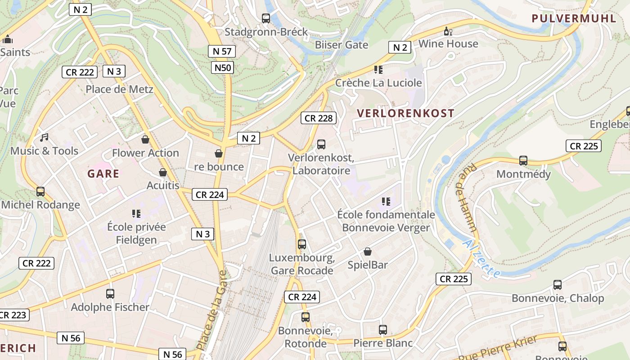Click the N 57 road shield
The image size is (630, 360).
tap(222, 51)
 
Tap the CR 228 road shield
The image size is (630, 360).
tap(319, 118)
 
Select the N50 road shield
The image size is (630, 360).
tap(223, 68)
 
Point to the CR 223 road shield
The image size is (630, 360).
tap(13, 315)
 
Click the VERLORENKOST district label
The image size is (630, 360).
tap(405, 113)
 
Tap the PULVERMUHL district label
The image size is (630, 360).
tap(574, 18)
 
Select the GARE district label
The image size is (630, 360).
tap(103, 174)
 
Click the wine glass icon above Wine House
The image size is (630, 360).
tap(448, 31)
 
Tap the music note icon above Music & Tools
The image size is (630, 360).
tap(44, 138)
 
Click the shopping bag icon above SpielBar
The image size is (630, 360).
tap(368, 252)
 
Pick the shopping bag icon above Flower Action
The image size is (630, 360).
tap(145, 139)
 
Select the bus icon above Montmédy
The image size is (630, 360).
tap(523, 161)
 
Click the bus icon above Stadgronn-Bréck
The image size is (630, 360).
tap(266, 18)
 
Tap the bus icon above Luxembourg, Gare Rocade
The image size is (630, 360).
tap(302, 244)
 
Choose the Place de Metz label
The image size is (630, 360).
tap(119, 89)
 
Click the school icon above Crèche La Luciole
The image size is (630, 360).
tap(378, 70)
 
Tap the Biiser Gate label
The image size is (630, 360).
tap(342, 45)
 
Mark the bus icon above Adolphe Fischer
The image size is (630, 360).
tap(110, 294)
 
